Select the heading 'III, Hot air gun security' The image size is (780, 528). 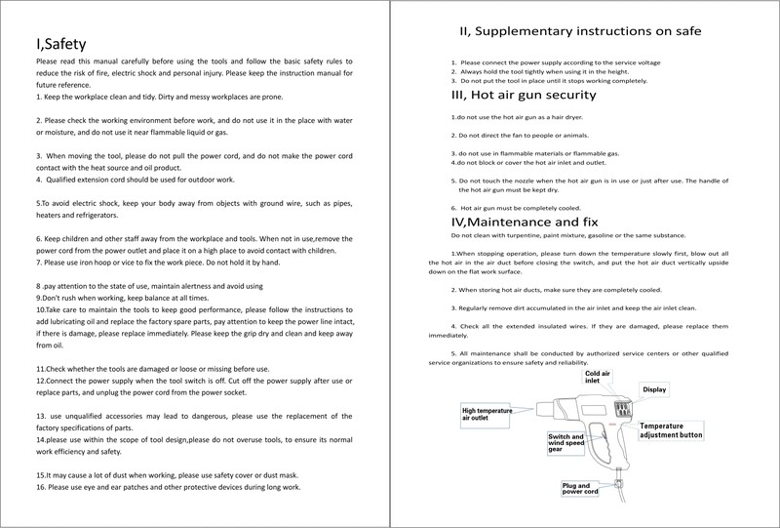click(524, 96)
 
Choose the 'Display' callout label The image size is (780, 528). click(654, 389)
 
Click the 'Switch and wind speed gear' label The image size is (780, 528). click(566, 444)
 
